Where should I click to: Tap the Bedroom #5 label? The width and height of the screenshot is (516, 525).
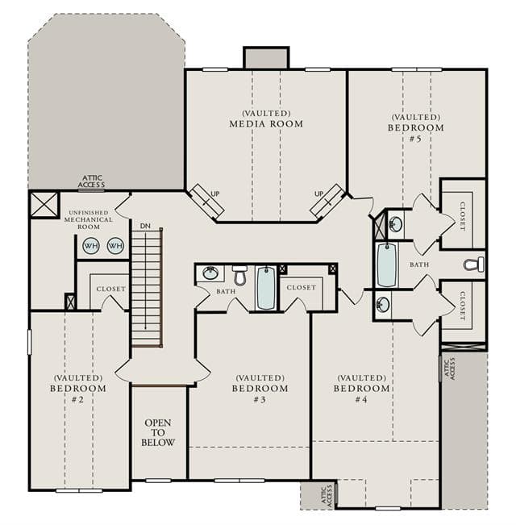[416, 127]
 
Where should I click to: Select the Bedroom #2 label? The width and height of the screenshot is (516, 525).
[78, 389]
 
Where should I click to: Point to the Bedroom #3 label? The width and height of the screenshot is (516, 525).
[260, 389]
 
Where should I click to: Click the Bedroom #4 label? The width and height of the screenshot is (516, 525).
[362, 389]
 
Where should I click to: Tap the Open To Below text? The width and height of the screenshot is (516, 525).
[158, 432]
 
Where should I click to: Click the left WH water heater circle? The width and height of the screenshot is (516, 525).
[91, 246]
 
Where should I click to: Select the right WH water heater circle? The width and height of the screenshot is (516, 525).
[115, 246]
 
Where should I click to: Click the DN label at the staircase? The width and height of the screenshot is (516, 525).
[145, 226]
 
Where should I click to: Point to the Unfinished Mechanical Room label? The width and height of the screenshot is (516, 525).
[89, 219]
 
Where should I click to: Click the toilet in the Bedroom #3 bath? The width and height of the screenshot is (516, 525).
[239, 275]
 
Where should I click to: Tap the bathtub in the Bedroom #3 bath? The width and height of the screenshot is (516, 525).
[266, 288]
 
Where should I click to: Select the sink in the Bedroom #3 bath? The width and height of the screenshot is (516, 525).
[210, 273]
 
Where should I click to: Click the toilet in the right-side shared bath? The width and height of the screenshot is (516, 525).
[474, 265]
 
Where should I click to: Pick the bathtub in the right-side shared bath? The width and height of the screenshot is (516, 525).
[386, 265]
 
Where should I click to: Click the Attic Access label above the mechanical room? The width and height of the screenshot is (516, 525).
[92, 181]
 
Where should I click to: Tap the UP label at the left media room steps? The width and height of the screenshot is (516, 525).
[215, 194]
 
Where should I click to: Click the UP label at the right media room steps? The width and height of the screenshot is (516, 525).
[319, 194]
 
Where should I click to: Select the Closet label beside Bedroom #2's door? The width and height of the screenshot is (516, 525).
[110, 289]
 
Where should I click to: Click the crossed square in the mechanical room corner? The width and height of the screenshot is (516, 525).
[44, 205]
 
